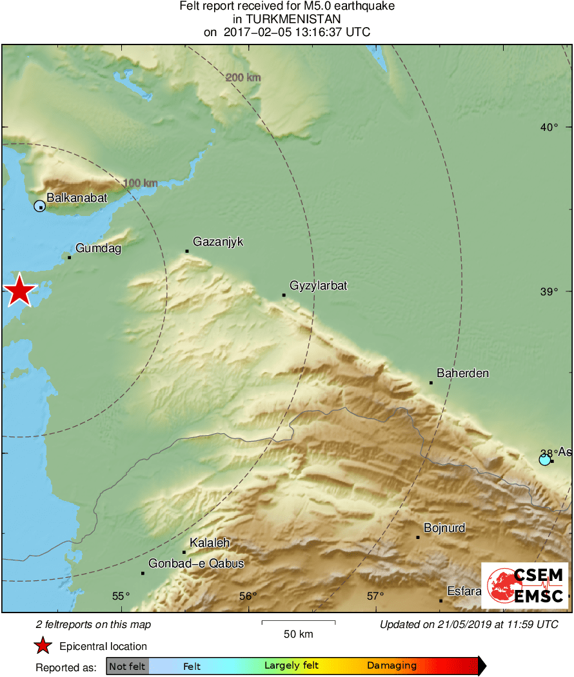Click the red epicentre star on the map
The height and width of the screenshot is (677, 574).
[19, 291]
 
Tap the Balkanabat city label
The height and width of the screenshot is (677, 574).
[77, 198]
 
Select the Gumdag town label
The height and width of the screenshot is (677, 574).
[98, 248]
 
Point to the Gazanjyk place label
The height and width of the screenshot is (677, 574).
[218, 242]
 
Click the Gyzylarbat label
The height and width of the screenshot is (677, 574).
[318, 285]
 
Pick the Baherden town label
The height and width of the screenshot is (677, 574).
[462, 373]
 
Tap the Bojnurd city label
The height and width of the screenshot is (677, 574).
[444, 528]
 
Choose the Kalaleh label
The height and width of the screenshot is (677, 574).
[210, 543]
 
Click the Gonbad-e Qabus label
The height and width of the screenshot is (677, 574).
[196, 564]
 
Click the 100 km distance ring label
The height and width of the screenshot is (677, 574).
[140, 183]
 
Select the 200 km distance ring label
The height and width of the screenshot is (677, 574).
[243, 78]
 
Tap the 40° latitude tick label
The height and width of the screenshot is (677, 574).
[549, 127]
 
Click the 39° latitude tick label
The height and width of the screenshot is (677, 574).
[549, 292]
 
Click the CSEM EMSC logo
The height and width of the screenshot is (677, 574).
[524, 585]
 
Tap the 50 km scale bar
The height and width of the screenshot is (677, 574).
[298, 622]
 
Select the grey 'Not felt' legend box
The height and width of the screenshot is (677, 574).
[127, 666]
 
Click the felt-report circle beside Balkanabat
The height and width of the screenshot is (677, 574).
[39, 206]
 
